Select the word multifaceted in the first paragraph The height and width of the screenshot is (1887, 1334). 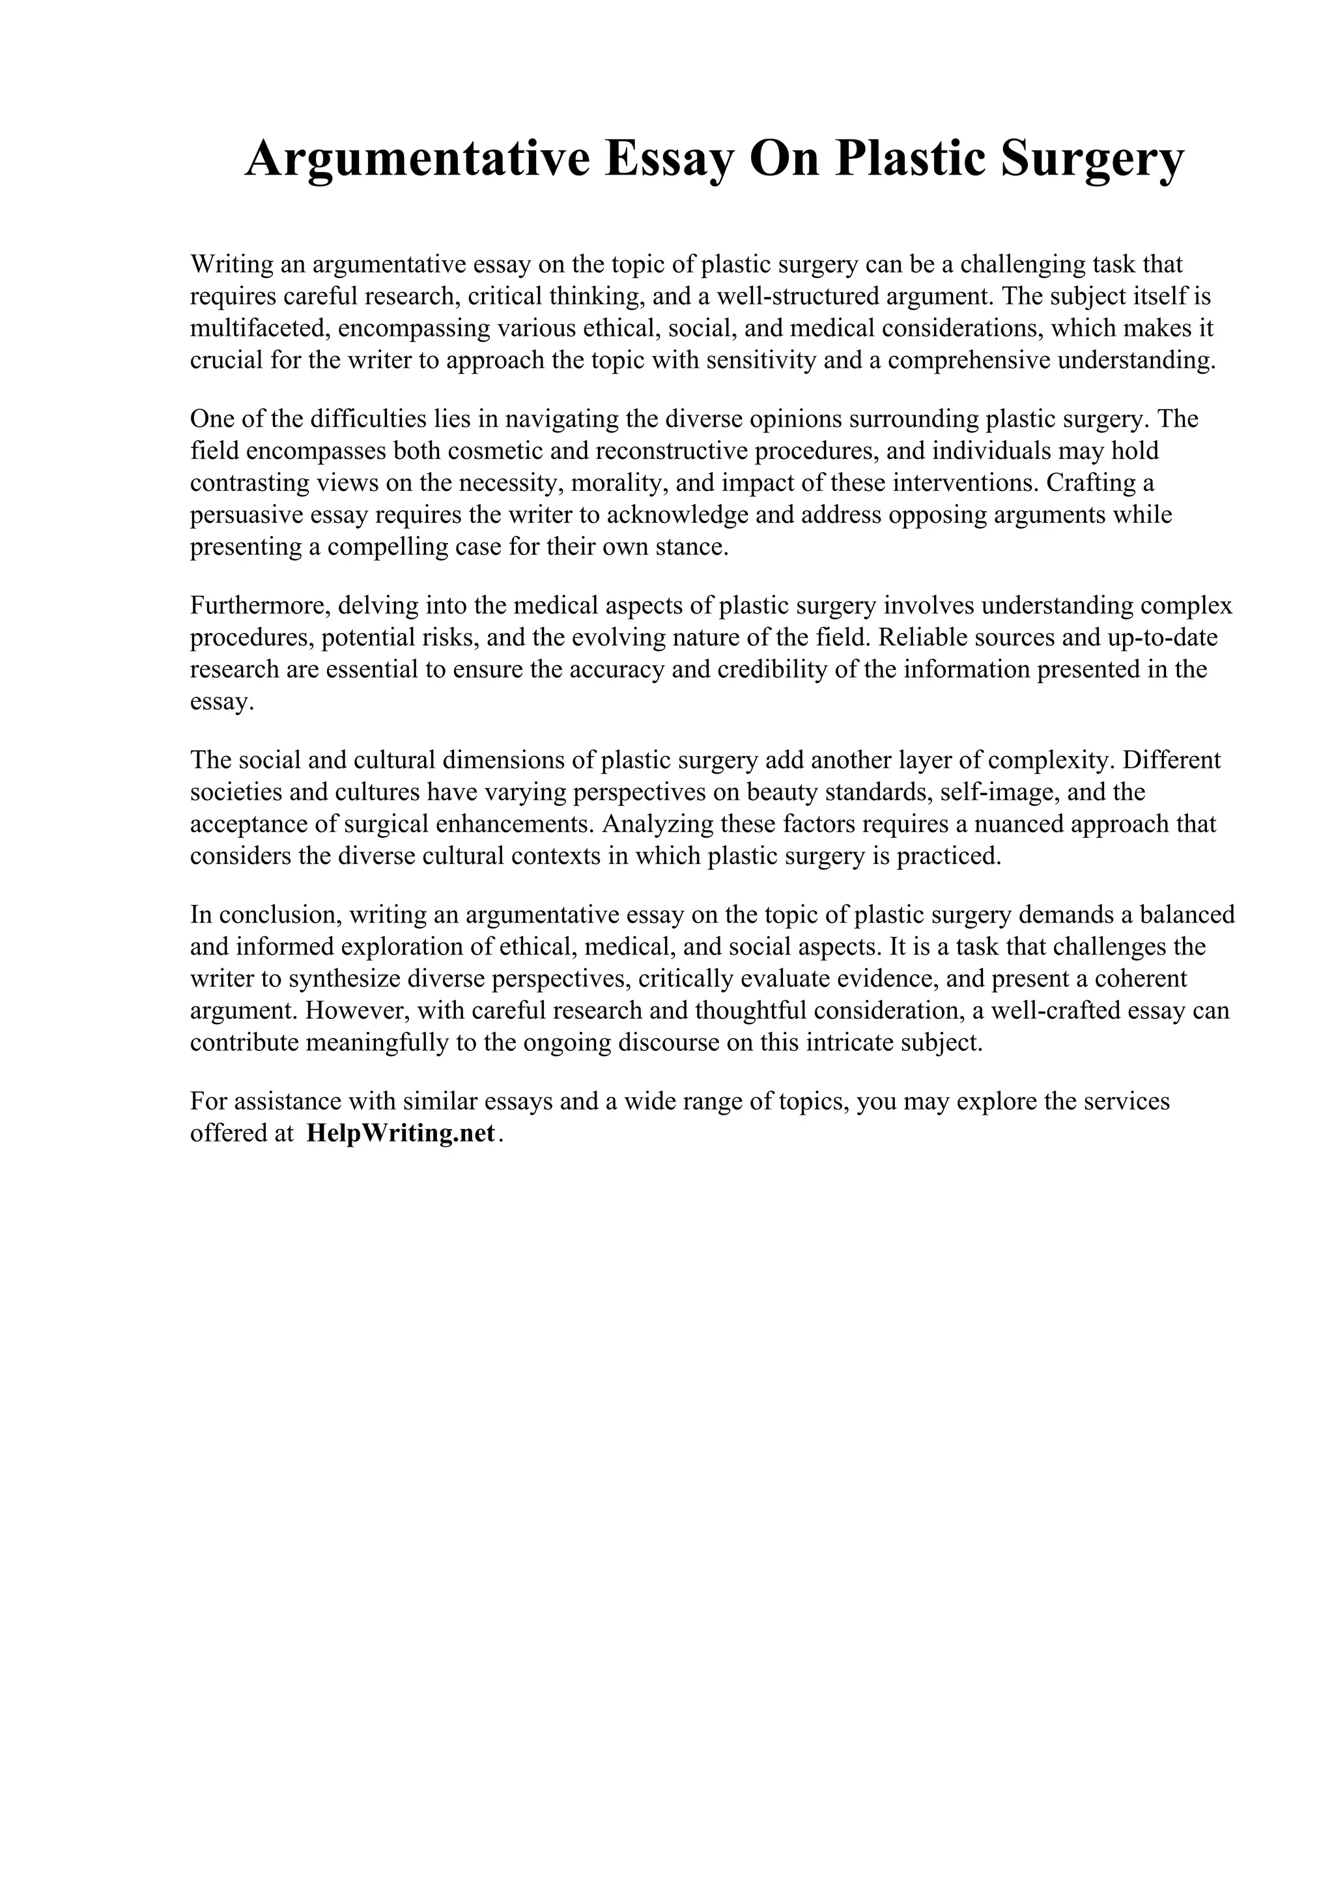tap(260, 329)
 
